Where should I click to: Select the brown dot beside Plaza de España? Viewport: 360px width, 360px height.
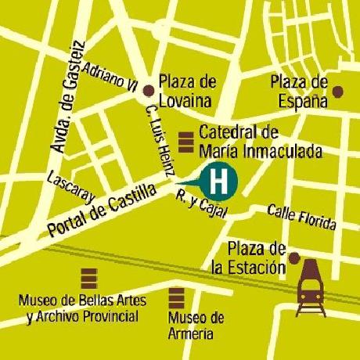(x=337, y=92)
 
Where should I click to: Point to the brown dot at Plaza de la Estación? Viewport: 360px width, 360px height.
(x=293, y=257)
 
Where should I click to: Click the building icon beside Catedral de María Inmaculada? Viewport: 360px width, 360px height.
(x=186, y=142)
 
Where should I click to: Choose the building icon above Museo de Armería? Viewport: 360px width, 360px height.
(x=178, y=298)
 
